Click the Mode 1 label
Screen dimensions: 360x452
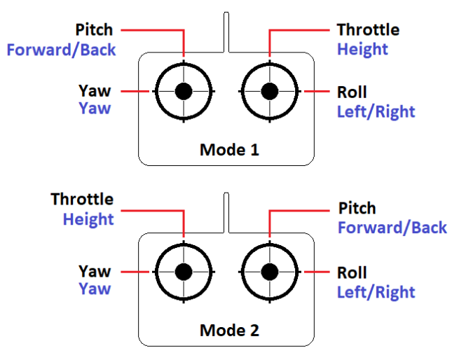point(229,149)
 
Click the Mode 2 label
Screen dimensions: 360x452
point(229,330)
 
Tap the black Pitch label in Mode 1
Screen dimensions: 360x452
point(95,31)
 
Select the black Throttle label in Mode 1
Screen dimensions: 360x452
point(367,30)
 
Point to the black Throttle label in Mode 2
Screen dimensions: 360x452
point(82,200)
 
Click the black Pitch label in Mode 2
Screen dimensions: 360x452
point(357,209)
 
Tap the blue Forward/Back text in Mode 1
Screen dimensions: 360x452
point(61,50)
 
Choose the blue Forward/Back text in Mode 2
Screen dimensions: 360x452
point(392,228)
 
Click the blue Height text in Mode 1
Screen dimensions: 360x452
point(362,50)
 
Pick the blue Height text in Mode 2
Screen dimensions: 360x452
point(88,219)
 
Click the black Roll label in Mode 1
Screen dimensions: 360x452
point(352,92)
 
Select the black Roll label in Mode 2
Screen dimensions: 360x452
point(352,273)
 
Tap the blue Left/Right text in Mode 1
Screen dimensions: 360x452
point(376,112)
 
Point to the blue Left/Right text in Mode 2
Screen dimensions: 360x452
point(376,293)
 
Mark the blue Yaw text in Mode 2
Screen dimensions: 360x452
point(95,289)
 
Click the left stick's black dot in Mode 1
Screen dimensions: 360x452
point(184,91)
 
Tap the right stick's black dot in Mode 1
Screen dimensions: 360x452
point(269,91)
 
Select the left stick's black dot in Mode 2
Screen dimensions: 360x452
point(184,272)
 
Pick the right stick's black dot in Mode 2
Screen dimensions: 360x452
point(269,272)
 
